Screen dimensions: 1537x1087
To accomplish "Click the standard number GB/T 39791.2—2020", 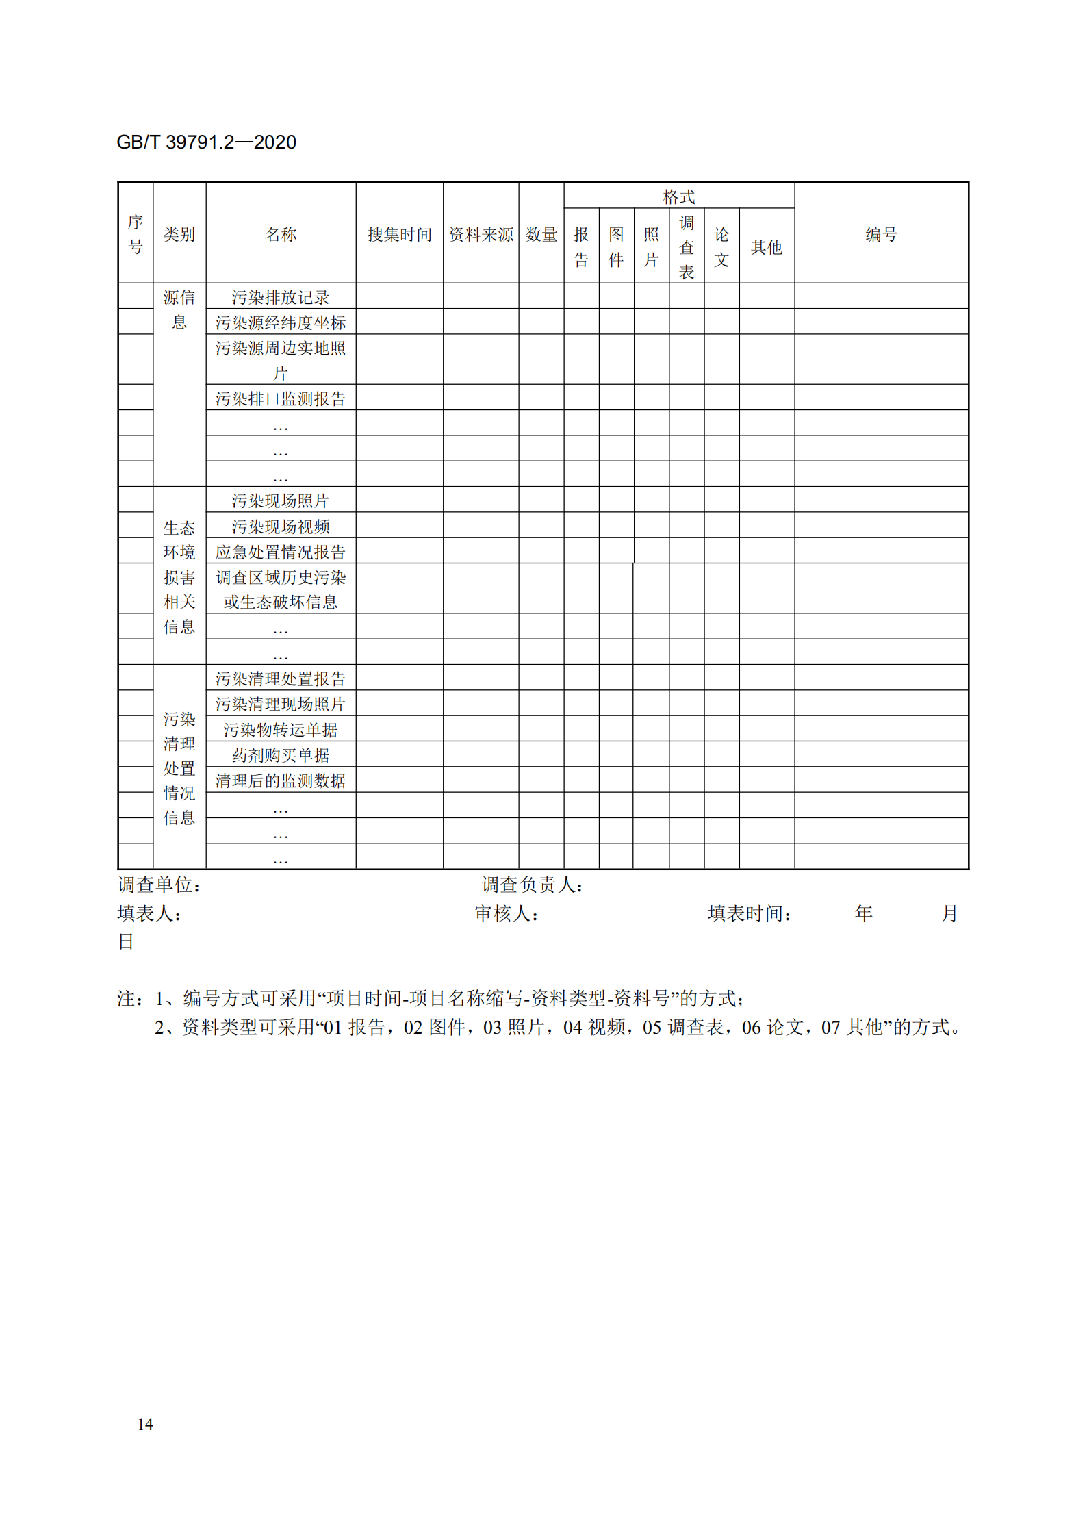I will pos(206,142).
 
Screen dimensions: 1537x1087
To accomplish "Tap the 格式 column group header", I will pos(678,197).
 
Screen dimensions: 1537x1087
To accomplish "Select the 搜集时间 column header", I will pos(399,235).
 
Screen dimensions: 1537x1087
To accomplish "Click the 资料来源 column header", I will pos(481,235).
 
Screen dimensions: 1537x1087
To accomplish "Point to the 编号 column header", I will pos(880,235).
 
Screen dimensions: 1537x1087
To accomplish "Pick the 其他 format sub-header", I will pos(766,247).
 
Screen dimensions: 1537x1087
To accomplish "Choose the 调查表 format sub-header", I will pos(686,247).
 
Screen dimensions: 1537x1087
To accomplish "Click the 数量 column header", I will pos(541,235).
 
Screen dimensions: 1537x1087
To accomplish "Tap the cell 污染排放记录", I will pos(280,297).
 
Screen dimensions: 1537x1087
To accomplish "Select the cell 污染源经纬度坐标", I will pos(280,322).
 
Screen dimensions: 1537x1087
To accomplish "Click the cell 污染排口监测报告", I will pos(280,398).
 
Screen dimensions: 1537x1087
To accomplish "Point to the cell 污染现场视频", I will pos(280,526).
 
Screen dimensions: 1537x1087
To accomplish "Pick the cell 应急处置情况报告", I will pos(280,552).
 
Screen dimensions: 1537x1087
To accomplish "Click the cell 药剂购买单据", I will pos(280,755).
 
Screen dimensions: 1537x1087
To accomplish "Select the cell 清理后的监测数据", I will pos(280,780).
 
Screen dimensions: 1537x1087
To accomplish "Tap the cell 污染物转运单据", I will pos(280,730).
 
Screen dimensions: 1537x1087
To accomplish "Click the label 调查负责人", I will pos(532,885).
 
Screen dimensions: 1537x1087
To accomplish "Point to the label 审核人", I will pos(506,913).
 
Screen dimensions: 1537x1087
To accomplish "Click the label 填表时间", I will pos(749,913).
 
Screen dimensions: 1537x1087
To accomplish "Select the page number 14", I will pos(145,1424).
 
